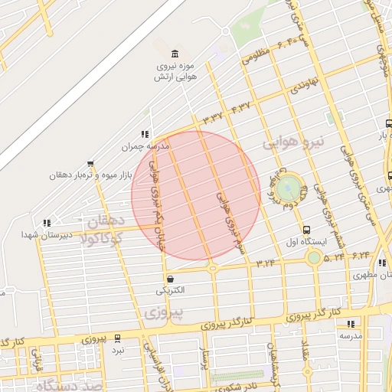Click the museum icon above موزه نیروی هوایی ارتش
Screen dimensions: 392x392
176,53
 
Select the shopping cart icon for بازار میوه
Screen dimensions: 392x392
91,163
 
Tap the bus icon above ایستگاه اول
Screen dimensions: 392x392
307,230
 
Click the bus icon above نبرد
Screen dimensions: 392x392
117,338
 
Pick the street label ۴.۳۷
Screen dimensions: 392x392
240,106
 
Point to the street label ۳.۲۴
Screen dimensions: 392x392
266,263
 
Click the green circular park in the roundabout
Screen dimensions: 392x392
289,188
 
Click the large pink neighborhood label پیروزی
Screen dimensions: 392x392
163,312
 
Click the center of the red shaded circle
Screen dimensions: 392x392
196,195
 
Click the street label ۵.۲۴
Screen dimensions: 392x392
334,258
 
